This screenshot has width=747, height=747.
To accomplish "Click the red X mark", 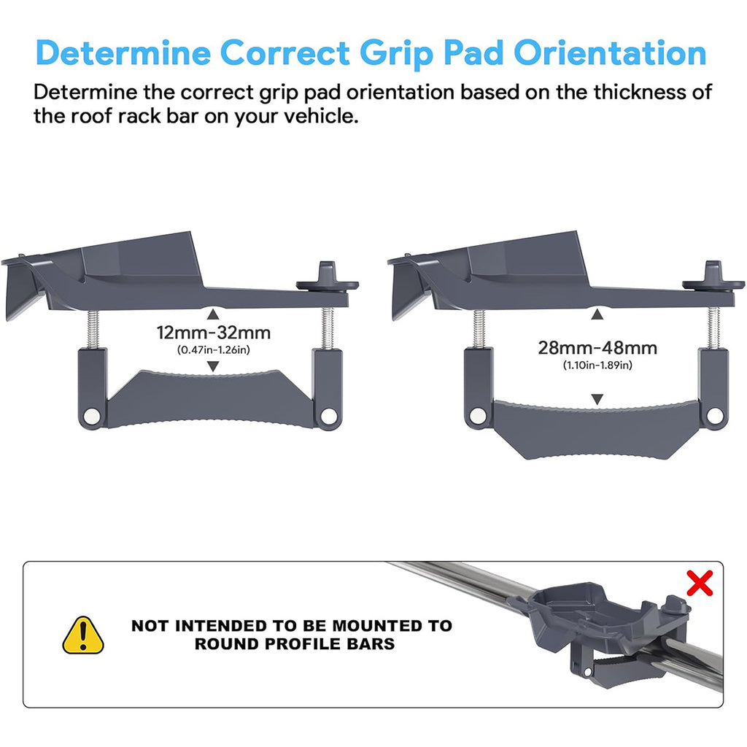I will point(699,583).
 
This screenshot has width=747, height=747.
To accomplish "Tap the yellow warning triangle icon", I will point(83,634).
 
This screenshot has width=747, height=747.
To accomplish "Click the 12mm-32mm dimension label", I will point(214,333).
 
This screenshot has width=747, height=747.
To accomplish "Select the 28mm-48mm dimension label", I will point(597,348).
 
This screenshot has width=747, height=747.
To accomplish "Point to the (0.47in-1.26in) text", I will point(213,350).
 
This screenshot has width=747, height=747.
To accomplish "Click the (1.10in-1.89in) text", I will point(597,365).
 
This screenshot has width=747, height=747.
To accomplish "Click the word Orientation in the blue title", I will point(609,53).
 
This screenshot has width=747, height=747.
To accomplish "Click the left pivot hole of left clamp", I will point(91,415).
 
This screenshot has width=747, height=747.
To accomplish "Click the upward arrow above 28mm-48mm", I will point(597,314).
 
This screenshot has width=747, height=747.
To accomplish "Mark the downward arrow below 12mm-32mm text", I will point(213,368).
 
